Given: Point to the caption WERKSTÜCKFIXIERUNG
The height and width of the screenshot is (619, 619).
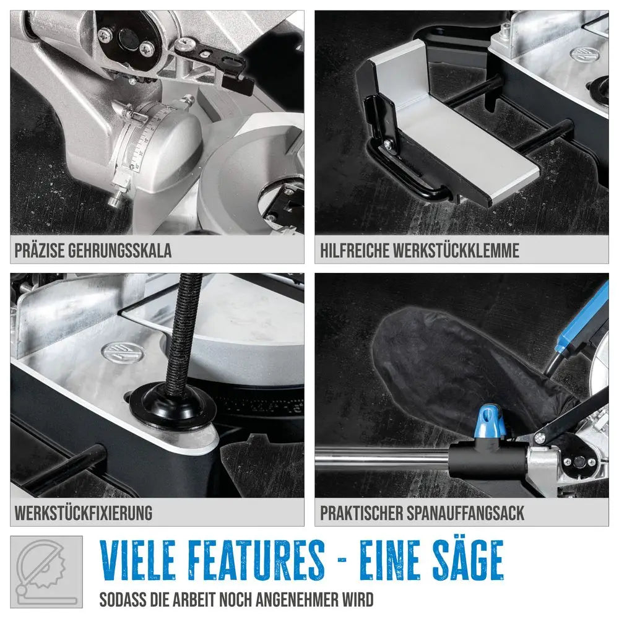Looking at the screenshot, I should tap(84, 513).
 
